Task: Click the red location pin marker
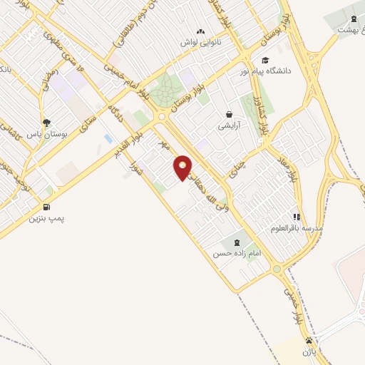[183, 167]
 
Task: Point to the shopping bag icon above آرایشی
[229, 113]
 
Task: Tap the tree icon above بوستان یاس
[47, 122]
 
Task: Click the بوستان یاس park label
[45, 133]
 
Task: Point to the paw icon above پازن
[309, 341]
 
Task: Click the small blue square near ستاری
[108, 138]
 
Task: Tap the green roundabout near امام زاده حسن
[276, 269]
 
